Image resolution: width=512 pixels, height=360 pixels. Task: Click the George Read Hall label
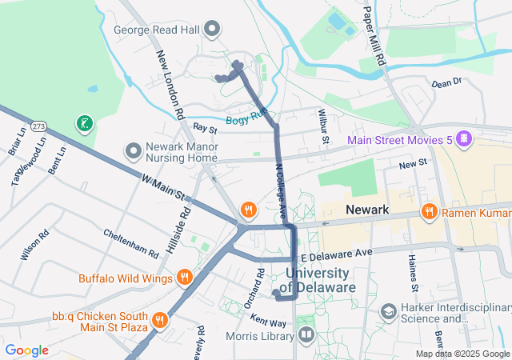click(x=158, y=30)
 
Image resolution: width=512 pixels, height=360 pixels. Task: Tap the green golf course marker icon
click(x=84, y=123)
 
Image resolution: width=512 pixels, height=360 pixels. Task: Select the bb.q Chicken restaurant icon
click(x=160, y=319)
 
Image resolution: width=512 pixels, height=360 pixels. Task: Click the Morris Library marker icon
click(x=305, y=334)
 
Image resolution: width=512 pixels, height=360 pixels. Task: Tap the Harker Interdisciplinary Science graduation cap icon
click(x=388, y=310)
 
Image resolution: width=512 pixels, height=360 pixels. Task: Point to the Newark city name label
click(x=367, y=210)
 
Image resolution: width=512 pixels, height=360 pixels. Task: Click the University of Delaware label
click(x=320, y=281)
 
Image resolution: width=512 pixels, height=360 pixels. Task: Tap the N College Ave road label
click(x=281, y=192)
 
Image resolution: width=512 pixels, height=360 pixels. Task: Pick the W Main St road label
click(x=165, y=187)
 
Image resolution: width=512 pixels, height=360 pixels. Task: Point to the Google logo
click(x=27, y=350)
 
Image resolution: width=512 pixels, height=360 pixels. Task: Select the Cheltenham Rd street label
click(x=131, y=243)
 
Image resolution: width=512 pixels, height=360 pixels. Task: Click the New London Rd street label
click(x=171, y=84)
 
